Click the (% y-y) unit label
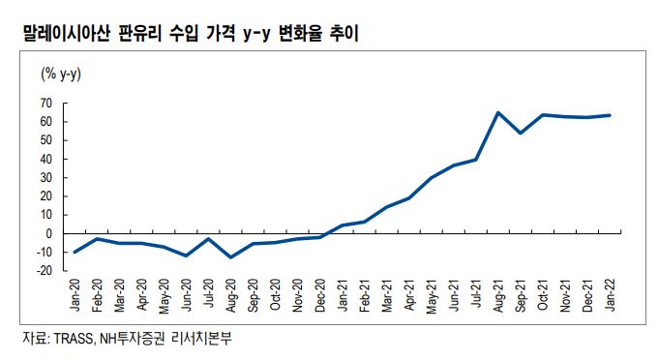[60, 74]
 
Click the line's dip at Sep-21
[521, 133]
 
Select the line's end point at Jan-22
[610, 115]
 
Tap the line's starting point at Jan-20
[75, 252]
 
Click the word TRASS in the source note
[75, 339]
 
